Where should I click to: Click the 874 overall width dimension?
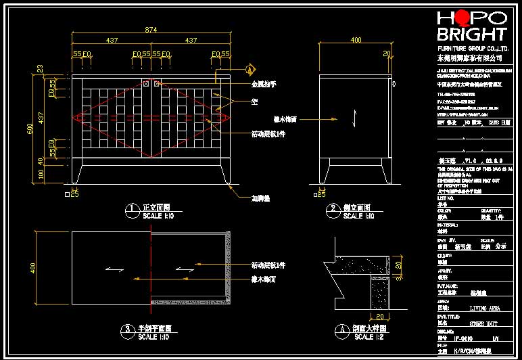152,29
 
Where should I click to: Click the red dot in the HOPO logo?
462,18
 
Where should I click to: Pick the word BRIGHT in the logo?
471,35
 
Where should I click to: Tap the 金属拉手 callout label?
264,85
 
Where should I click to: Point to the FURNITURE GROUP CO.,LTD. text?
473,49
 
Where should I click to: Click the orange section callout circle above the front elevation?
250,70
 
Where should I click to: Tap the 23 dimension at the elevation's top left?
41,69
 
